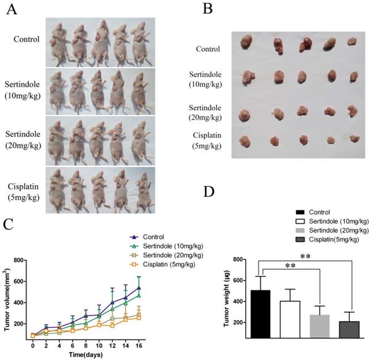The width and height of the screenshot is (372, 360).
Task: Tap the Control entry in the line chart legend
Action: (x=156, y=237)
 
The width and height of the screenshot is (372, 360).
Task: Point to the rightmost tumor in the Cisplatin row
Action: (x=354, y=139)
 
